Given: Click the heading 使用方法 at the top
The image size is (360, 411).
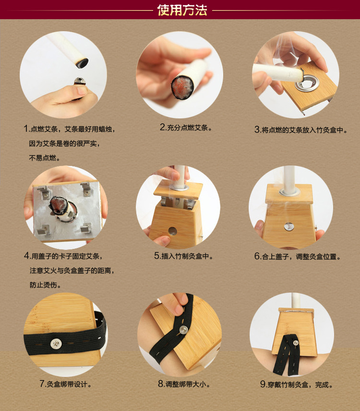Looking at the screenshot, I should pos(182,10).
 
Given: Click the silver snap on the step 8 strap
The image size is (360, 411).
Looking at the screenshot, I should pos(183,329).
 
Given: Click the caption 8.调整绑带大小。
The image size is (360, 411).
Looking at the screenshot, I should pos(183,384).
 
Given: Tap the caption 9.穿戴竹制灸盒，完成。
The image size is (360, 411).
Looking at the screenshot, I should pos(296,384).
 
